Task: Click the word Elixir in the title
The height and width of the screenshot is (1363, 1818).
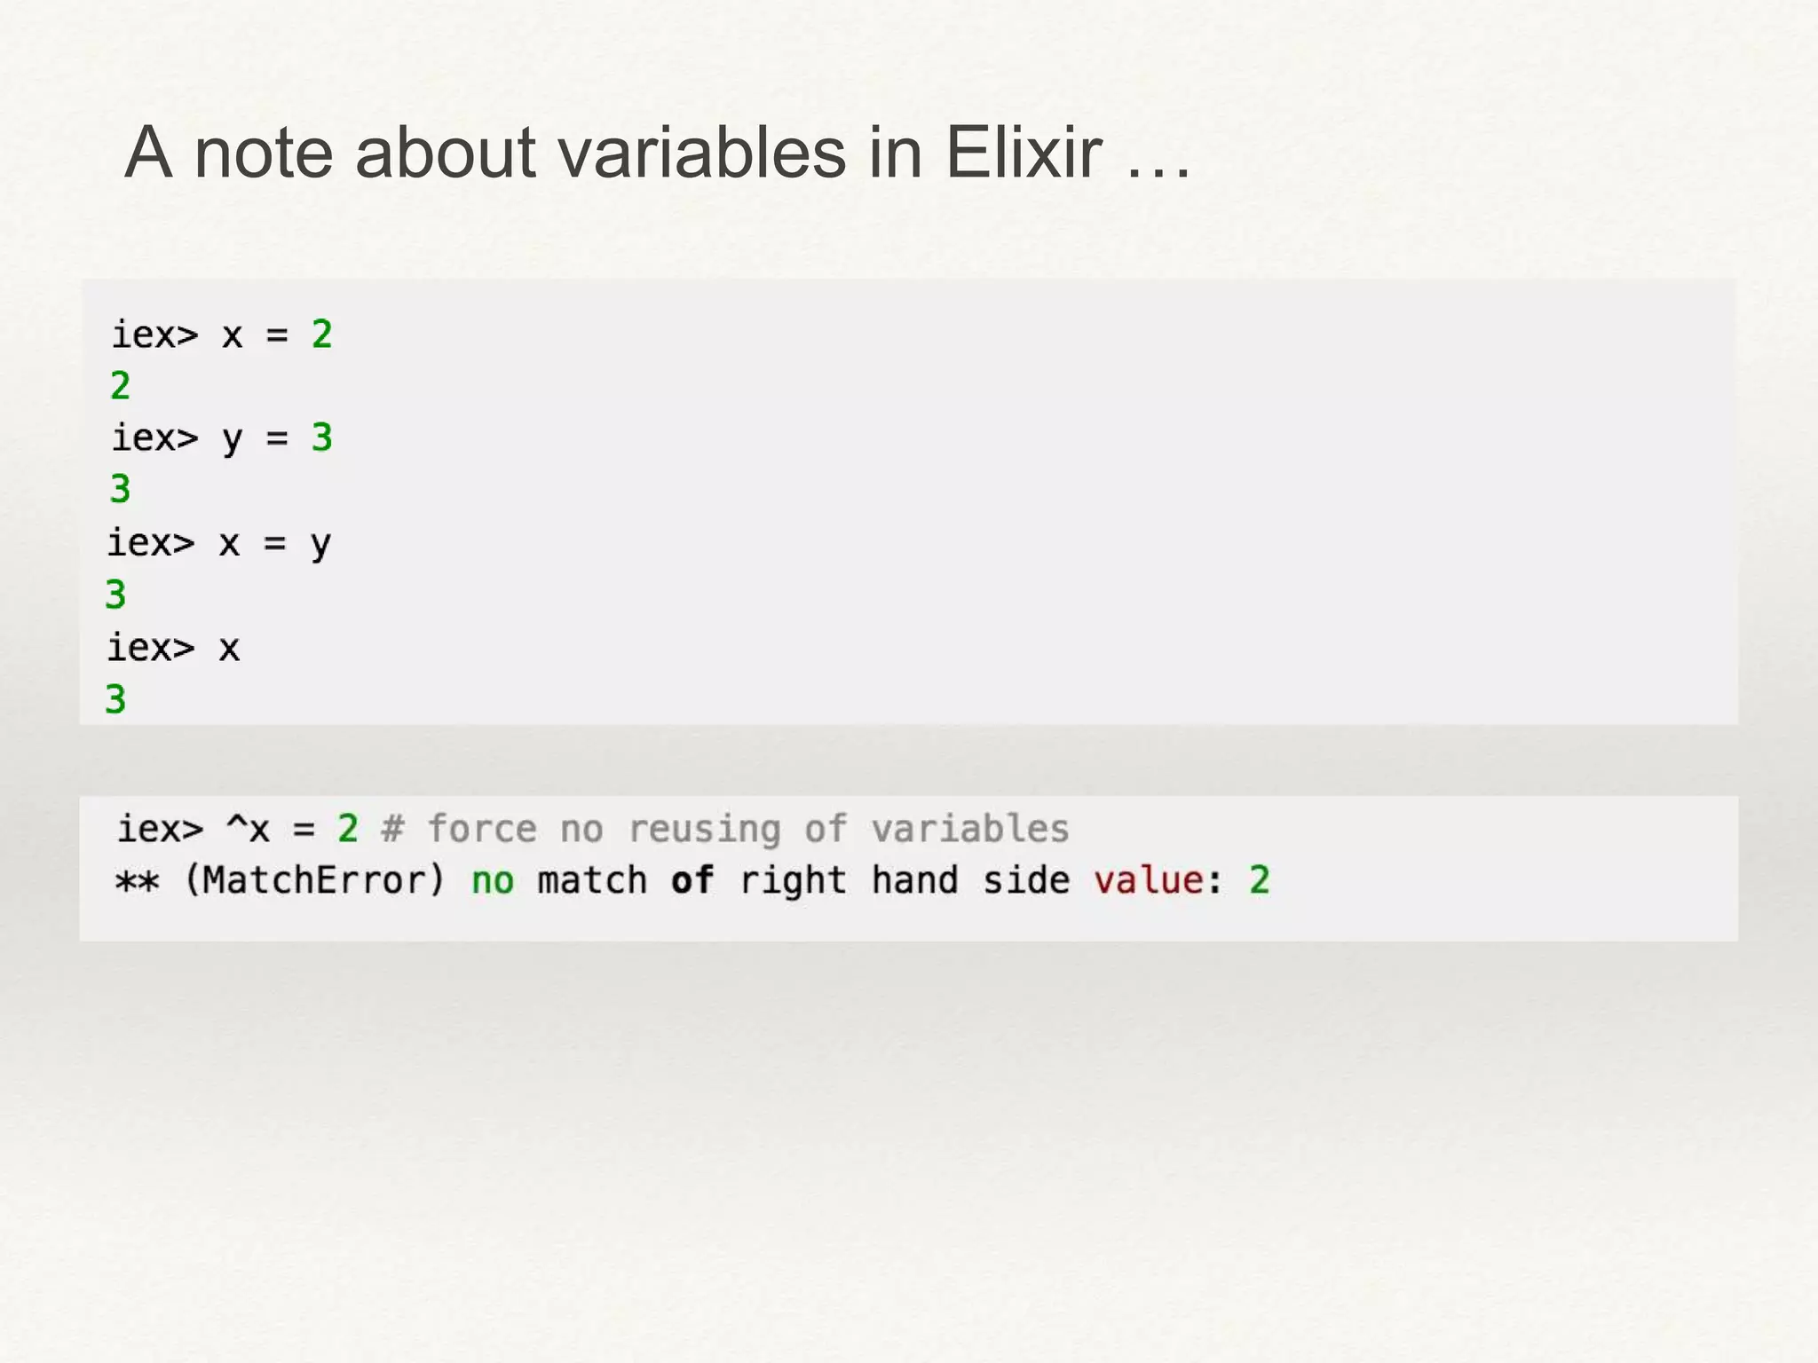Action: tap(1023, 153)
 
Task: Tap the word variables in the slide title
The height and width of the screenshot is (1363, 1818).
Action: tap(701, 153)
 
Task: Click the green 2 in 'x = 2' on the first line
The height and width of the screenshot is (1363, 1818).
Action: tap(321, 335)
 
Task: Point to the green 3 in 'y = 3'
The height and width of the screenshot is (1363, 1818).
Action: tap(321, 437)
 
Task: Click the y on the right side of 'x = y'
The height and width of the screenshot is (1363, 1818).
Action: tap(320, 544)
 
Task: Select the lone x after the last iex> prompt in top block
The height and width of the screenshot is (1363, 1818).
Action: tap(229, 649)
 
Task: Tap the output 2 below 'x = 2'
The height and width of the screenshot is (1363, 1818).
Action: tap(120, 386)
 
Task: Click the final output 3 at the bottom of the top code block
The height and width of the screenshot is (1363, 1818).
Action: tap(115, 699)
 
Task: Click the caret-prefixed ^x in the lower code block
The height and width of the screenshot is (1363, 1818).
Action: tap(248, 829)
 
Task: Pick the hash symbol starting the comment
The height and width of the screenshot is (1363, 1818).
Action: tap(392, 829)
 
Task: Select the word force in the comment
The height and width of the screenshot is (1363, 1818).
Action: tap(482, 829)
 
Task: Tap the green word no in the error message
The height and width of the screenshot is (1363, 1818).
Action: tap(493, 881)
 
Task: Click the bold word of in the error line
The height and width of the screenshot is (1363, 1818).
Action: tap(692, 880)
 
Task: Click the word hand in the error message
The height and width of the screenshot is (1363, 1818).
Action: tap(914, 880)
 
